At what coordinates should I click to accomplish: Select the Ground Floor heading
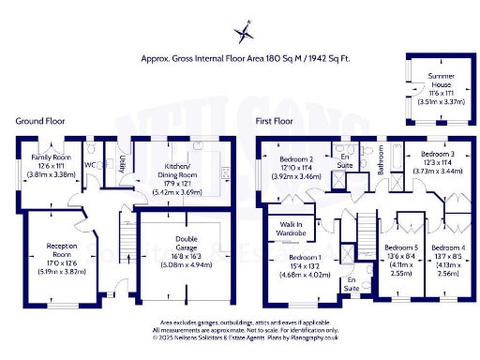point(40,122)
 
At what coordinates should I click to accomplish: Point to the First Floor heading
point(278,122)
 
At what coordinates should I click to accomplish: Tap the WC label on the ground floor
point(91,166)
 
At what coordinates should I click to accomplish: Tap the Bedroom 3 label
point(438,154)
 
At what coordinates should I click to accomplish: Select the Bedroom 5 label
point(401,247)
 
